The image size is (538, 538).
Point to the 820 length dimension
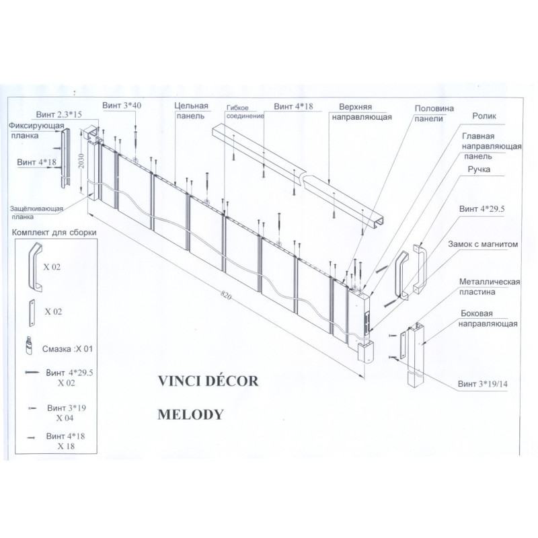point(231,298)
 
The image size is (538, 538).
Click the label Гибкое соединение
point(245,112)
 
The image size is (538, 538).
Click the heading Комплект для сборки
point(53,233)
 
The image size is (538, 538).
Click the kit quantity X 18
point(66,446)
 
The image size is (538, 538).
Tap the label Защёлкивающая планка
point(36,213)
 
